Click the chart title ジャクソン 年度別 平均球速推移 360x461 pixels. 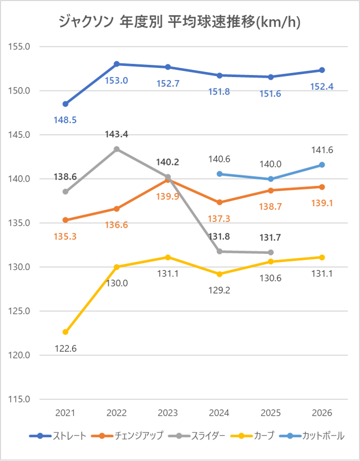179,22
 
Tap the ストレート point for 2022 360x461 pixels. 116,64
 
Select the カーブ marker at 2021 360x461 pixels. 65,332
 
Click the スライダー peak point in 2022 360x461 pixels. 116,149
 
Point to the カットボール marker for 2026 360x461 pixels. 322,165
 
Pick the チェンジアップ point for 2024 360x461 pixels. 220,202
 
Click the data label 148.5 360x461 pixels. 65,120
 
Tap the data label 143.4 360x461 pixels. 116,135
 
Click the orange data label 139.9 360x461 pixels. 168,197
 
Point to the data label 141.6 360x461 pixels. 322,150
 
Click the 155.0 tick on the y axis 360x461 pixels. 20,46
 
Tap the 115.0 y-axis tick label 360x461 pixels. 20,399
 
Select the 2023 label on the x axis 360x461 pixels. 168,413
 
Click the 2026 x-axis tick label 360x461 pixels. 322,413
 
